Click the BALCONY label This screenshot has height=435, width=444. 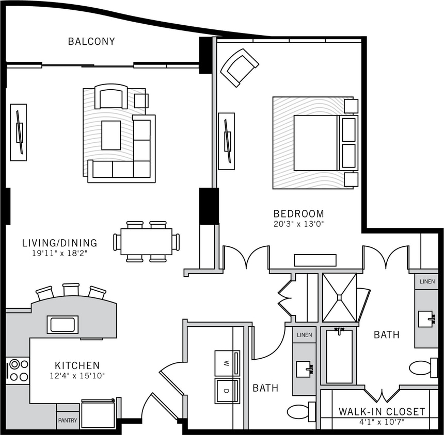coord(91,41)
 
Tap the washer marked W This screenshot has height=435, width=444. coord(227,363)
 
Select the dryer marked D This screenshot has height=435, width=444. coord(227,391)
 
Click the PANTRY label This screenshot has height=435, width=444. coord(68,421)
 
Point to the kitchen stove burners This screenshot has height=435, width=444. coord(19,370)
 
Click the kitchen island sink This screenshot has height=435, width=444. coord(62,325)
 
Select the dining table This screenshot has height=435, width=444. coord(147,242)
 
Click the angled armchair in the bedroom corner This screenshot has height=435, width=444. coord(239,67)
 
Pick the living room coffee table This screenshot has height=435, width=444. coord(111,135)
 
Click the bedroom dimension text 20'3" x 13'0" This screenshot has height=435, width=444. coord(298,224)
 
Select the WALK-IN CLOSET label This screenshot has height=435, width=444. coord(382,412)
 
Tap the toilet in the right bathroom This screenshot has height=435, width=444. coord(423,368)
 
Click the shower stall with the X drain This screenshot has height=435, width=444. coord(340,297)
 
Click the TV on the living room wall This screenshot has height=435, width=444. coord(19,132)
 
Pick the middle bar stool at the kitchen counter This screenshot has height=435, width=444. coord(71,290)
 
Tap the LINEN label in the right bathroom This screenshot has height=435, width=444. coord(426,281)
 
